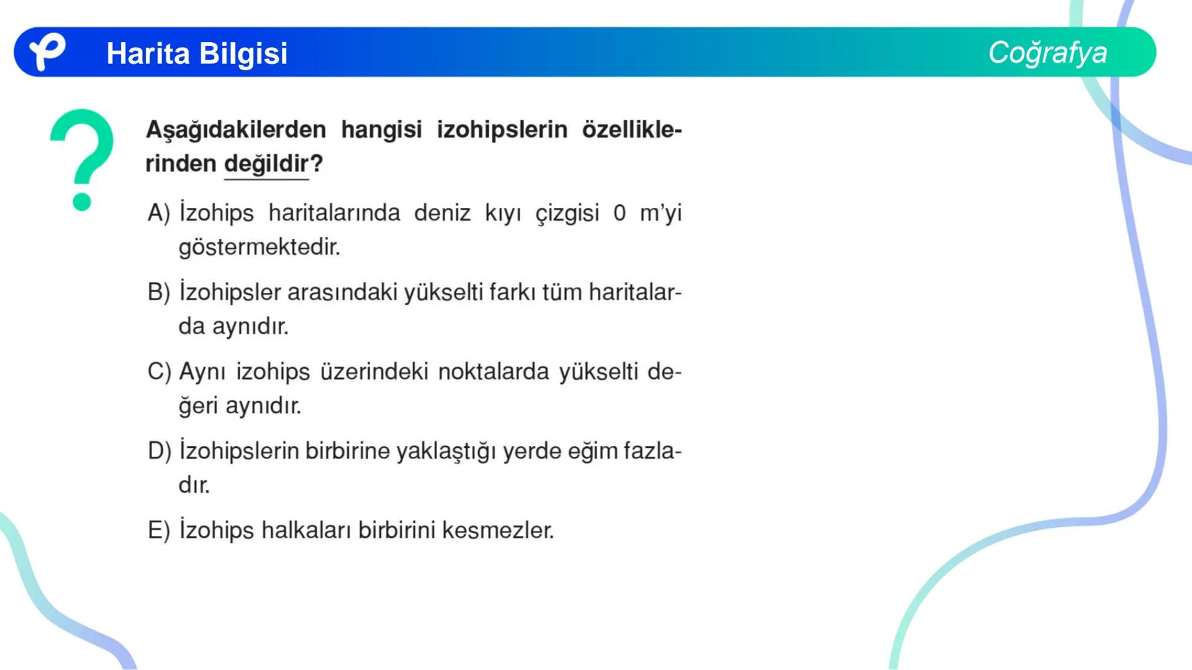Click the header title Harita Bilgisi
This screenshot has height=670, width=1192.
coord(197,53)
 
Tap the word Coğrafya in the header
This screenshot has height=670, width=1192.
coord(1047,53)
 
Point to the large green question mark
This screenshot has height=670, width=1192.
coord(82,158)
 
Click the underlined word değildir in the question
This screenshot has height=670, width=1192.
coord(266,164)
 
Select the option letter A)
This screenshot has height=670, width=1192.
coord(159,213)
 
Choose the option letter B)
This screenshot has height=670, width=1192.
coord(159,292)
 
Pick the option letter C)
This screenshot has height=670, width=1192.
coord(159,372)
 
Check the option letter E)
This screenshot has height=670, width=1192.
coord(159,530)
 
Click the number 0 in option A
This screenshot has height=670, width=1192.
coord(620,213)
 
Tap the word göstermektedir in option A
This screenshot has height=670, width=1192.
coord(260,248)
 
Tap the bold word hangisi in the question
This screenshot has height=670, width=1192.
coord(381,130)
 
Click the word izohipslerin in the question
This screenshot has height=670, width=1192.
coord(502,130)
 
